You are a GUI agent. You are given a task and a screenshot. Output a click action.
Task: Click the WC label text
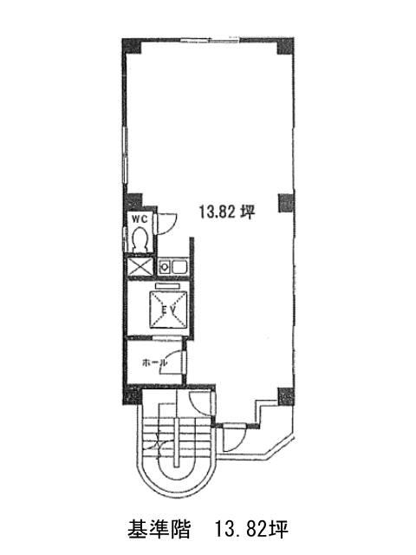click(x=140, y=219)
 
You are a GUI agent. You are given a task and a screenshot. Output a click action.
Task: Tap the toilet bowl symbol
click(x=140, y=240)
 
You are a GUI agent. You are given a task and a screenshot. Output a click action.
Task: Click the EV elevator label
click(x=167, y=310)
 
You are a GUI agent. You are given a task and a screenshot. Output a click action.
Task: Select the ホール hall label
click(x=154, y=362)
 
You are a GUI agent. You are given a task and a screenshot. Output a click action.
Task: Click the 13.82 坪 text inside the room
click(x=227, y=212)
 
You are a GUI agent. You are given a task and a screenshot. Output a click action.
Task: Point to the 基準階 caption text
click(x=159, y=529)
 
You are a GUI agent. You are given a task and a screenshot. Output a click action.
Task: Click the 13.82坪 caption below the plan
click(x=250, y=529)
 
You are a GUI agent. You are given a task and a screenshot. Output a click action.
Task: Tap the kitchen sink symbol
click(x=172, y=266)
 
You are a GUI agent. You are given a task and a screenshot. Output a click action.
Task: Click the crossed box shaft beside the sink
click(x=140, y=266)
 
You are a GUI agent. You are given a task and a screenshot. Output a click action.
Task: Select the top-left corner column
click(x=132, y=46)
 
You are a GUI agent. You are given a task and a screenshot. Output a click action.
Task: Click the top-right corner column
click(x=285, y=46)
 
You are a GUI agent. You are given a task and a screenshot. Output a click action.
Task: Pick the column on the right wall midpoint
click(x=286, y=203)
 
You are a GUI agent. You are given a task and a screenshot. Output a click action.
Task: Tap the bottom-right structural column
click(x=286, y=396)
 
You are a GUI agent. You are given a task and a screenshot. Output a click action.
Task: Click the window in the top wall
click(x=210, y=40)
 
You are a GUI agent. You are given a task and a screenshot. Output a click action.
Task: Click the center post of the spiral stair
click(x=177, y=441)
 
